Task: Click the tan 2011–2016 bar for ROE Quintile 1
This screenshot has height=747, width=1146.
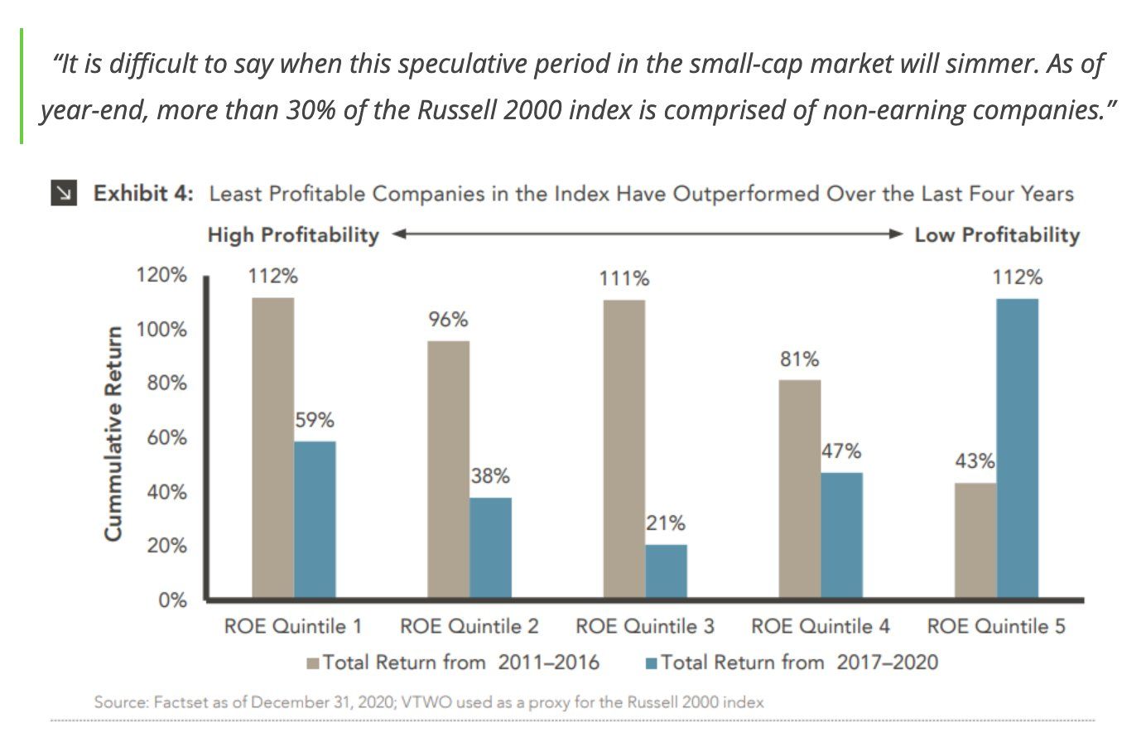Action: pyautogui.click(x=272, y=447)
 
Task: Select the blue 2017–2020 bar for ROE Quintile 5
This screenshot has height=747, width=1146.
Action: pyautogui.click(x=1017, y=447)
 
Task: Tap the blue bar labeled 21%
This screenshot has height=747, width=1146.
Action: pyautogui.click(x=666, y=571)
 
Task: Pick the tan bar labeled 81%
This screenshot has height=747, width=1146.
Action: pyautogui.click(x=800, y=489)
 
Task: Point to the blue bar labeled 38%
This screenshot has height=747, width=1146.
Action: pyautogui.click(x=490, y=547)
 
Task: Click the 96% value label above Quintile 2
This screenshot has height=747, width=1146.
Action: pyautogui.click(x=448, y=320)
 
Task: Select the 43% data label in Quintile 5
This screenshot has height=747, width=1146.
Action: pyautogui.click(x=974, y=461)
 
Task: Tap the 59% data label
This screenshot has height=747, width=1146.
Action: pyautogui.click(x=315, y=421)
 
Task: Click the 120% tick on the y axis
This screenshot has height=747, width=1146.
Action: pyautogui.click(x=161, y=275)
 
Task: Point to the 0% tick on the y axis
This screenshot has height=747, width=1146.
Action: pyautogui.click(x=172, y=600)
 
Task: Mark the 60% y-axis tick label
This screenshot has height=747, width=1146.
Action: pyautogui.click(x=166, y=437)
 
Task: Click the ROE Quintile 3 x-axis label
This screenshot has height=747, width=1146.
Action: pyautogui.click(x=644, y=626)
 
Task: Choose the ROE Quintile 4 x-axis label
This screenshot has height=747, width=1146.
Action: pyautogui.click(x=820, y=626)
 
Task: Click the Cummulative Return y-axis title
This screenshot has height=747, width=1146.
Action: pyautogui.click(x=113, y=434)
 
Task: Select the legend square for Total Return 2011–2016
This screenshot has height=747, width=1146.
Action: pyautogui.click(x=313, y=663)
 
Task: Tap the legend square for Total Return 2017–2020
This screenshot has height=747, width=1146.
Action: pyautogui.click(x=651, y=663)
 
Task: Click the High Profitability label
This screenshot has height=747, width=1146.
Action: pyautogui.click(x=293, y=235)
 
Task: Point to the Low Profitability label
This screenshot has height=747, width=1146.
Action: pyautogui.click(x=997, y=235)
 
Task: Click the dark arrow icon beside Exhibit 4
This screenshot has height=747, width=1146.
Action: pyautogui.click(x=64, y=193)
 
